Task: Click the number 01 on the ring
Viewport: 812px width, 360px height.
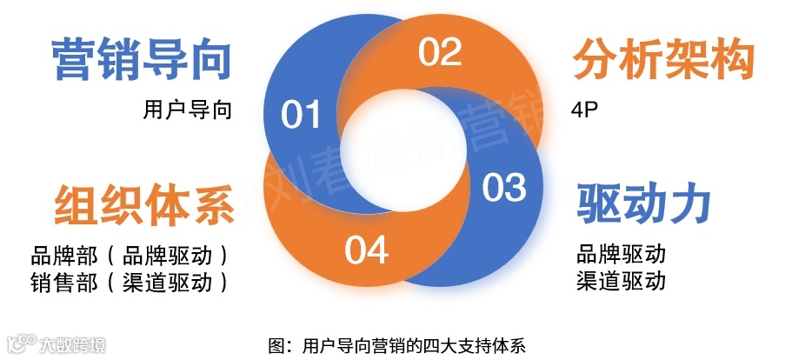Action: click(x=302, y=115)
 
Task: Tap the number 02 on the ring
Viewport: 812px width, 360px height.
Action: click(x=440, y=53)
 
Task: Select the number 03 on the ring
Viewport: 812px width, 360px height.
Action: click(x=504, y=188)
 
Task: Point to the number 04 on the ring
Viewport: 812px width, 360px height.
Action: click(x=366, y=250)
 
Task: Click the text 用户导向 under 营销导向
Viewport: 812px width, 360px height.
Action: click(x=188, y=111)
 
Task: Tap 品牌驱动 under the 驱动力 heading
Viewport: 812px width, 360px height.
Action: click(x=621, y=254)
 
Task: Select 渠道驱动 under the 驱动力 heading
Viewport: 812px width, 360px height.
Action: click(x=621, y=281)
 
